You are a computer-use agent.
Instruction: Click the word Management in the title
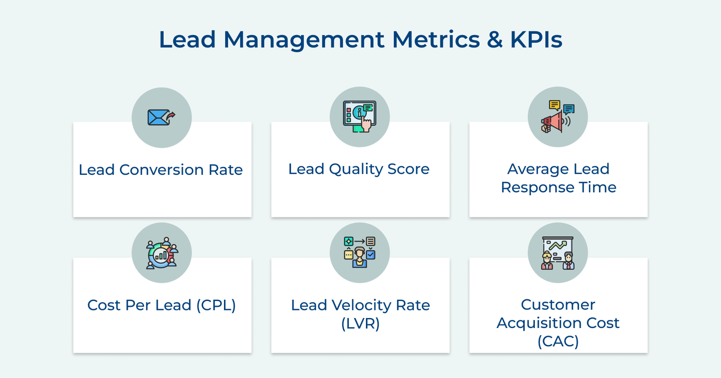304,40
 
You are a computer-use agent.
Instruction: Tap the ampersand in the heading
494,40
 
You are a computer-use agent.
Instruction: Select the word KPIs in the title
536,40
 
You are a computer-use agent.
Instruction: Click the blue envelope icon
157,118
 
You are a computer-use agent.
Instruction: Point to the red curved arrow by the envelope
171,116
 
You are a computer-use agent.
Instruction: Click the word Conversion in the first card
161,170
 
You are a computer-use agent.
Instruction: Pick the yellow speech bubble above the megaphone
554,105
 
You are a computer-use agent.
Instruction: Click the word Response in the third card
537,187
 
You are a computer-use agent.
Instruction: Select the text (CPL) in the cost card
216,305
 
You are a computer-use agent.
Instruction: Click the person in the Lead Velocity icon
360,257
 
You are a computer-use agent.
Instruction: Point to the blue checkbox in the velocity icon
370,255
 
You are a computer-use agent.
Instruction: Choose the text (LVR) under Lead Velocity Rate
360,323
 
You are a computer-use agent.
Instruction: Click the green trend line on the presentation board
558,246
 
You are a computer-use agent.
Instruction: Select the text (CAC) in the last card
558,342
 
